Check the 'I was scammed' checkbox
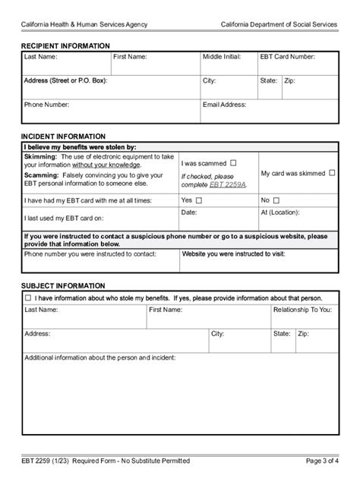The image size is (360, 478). point(233,162)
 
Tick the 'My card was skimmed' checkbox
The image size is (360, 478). point(332,173)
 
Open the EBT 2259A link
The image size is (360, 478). point(229,185)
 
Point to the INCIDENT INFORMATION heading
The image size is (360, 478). point(56,137)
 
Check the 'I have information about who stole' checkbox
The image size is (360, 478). point(28,298)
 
